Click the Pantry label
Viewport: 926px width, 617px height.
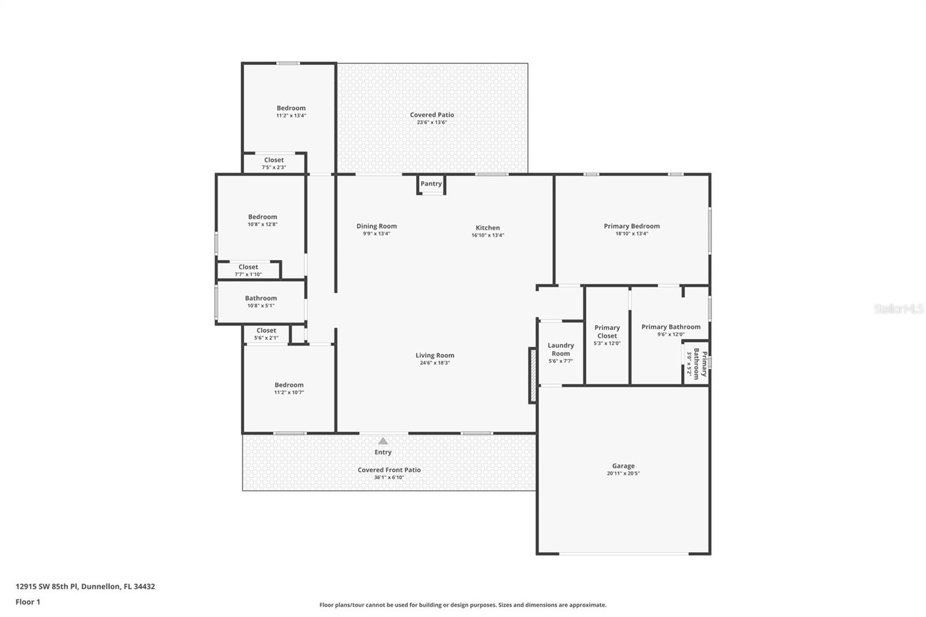431,183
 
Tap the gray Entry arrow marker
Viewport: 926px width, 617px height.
383,441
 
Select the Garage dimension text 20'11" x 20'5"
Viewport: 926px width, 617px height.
623,473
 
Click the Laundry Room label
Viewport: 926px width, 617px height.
561,350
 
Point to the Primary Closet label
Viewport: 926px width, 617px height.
607,332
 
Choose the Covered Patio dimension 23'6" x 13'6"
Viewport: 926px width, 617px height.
432,122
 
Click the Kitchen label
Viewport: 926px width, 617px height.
487,228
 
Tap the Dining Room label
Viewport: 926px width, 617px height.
377,226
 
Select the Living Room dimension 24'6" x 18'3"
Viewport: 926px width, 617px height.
435,363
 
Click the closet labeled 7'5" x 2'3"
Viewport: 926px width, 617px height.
274,163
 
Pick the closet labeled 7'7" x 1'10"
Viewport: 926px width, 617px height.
248,270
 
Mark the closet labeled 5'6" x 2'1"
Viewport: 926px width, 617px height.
266,334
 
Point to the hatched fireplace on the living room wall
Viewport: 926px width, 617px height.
533,376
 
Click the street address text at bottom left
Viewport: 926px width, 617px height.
85,586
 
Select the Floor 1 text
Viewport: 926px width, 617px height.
28,602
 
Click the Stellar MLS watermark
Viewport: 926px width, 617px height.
899,308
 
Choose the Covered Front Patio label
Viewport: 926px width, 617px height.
389,470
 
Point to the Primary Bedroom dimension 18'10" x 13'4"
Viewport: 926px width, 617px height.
631,234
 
